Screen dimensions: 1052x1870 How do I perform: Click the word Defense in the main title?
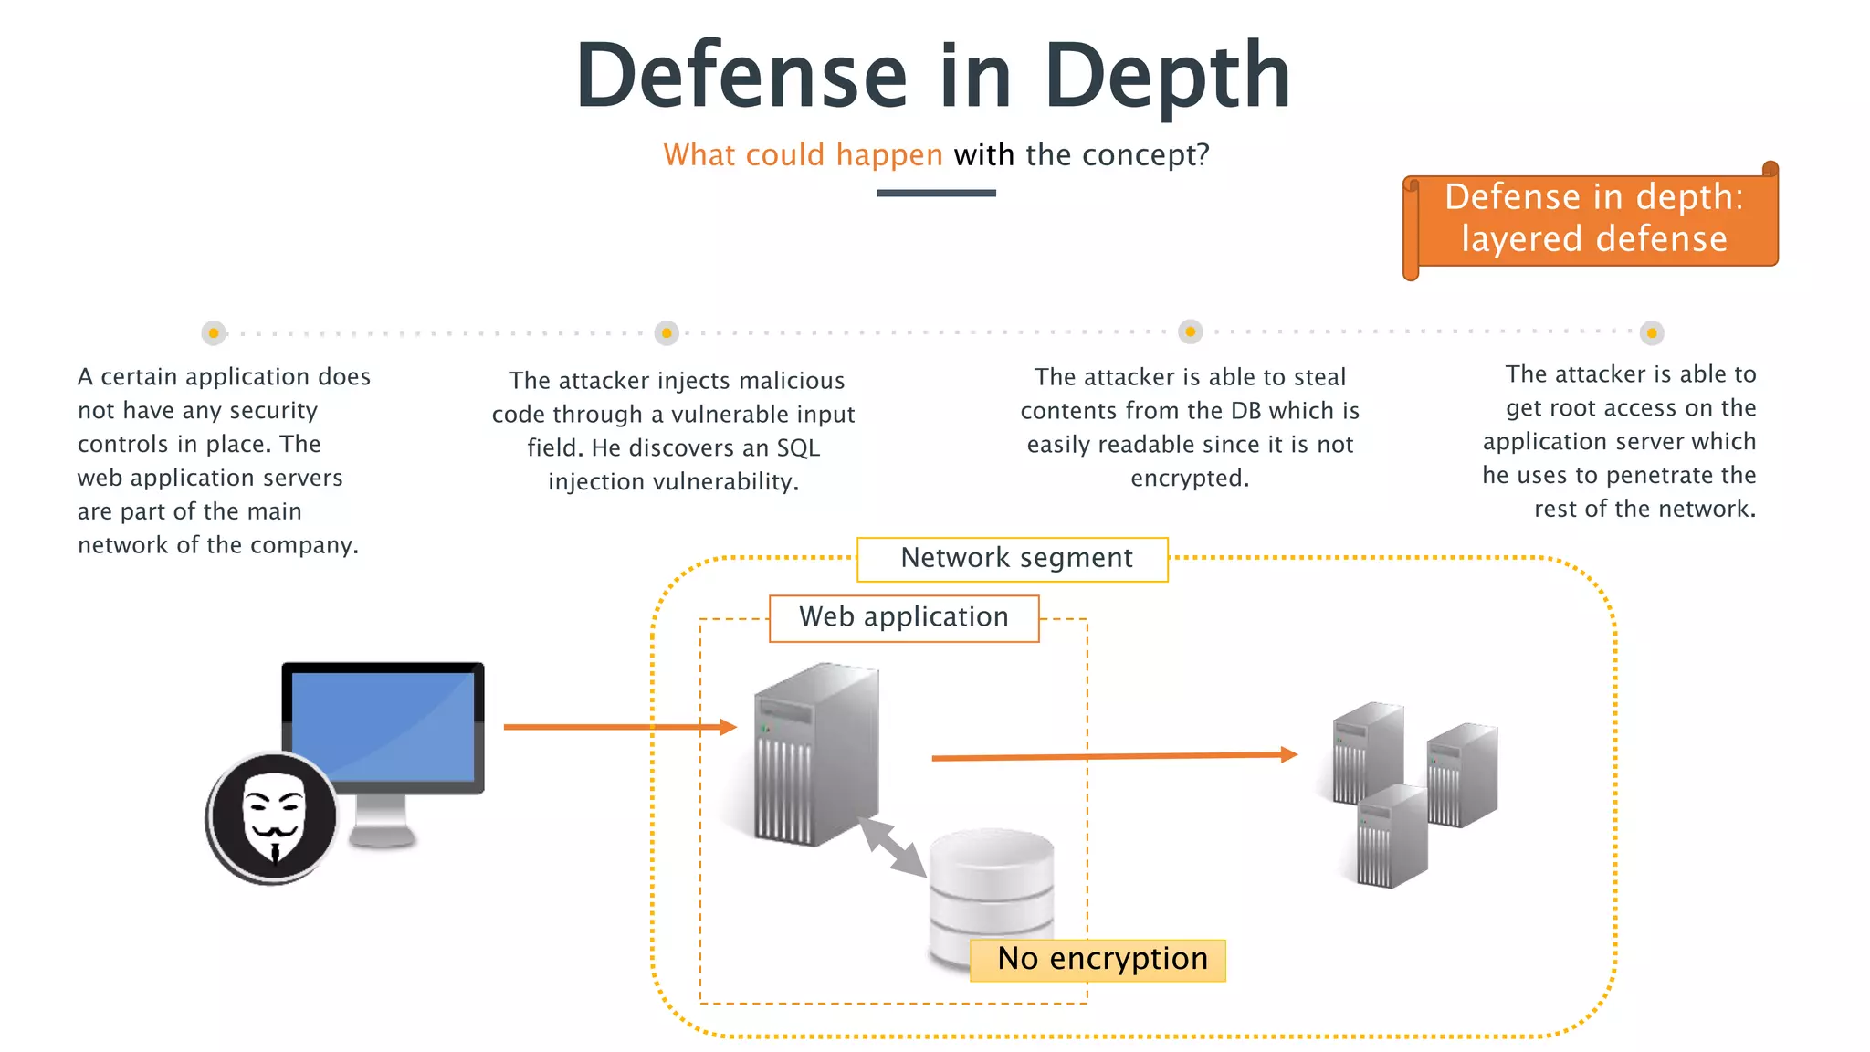(x=741, y=77)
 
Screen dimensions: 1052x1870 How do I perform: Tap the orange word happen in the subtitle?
(x=888, y=155)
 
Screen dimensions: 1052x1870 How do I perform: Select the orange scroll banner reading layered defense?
(x=1593, y=219)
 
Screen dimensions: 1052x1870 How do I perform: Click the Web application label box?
(x=904, y=618)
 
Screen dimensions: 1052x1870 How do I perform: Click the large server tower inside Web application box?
(x=815, y=753)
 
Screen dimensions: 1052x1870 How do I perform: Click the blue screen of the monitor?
(x=383, y=726)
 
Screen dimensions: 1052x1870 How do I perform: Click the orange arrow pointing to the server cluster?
(x=1114, y=756)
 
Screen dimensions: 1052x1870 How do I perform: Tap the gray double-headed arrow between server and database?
(x=892, y=847)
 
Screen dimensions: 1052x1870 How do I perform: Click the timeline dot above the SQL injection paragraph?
(x=667, y=333)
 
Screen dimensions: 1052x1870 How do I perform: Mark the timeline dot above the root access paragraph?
(x=1652, y=333)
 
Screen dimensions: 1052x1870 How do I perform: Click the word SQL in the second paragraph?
(x=798, y=448)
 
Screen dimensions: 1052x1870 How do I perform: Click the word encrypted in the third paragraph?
(x=1188, y=479)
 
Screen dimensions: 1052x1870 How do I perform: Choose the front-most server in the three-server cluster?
(x=1390, y=837)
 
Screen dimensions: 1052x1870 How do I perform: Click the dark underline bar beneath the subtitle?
(x=936, y=193)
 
